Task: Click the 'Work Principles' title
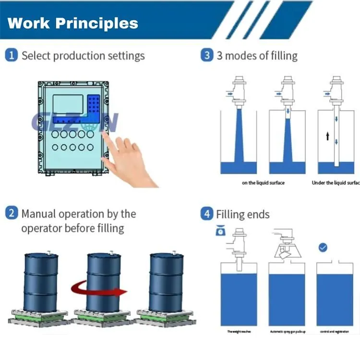[x=73, y=23]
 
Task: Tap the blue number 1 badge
[x=12, y=55]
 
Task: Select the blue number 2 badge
[x=12, y=213]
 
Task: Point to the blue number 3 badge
[x=207, y=55]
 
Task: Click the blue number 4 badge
[x=207, y=214]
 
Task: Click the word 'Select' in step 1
[x=36, y=56]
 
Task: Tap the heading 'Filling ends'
[x=242, y=214]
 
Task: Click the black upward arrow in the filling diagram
[x=328, y=137]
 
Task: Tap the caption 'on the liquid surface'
[x=263, y=183]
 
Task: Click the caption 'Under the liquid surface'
[x=335, y=183]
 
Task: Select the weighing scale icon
[x=220, y=231]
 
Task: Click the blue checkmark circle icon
[x=323, y=248]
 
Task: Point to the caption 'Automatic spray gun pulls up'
[x=287, y=332]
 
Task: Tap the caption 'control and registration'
[x=334, y=332]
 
